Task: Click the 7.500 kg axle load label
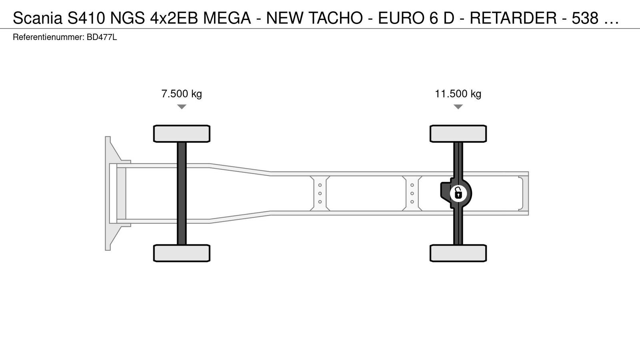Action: click(x=182, y=94)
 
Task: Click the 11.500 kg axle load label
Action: click(x=458, y=94)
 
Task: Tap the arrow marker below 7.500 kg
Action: click(x=182, y=107)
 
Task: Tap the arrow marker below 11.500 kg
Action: click(x=458, y=107)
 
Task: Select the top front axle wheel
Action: click(x=182, y=134)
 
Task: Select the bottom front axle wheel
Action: click(x=182, y=253)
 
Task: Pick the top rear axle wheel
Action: click(x=458, y=134)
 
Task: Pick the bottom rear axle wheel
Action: click(x=458, y=253)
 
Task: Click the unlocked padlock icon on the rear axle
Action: click(x=458, y=193)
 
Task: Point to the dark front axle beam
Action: click(x=182, y=194)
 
